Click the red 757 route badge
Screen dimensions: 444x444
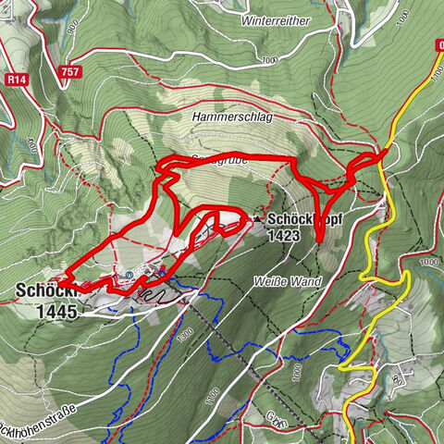point(66,72)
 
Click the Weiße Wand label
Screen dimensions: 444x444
point(281,280)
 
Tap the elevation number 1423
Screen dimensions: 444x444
point(283,236)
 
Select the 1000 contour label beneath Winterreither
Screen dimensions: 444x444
point(269,61)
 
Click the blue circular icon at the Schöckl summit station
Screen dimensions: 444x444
point(130,275)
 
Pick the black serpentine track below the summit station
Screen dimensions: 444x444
point(153,295)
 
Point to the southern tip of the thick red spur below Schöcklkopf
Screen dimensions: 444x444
point(317,240)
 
